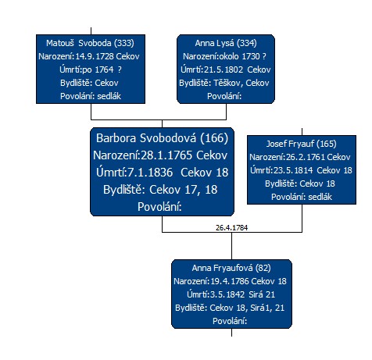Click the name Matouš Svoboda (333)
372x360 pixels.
[x=90, y=43]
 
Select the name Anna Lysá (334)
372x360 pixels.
[x=226, y=43]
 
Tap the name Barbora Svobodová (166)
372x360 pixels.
[x=162, y=138]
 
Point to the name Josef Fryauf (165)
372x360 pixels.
[x=302, y=144]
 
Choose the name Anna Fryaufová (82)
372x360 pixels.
[x=231, y=268]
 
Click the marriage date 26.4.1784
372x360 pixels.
[x=231, y=228]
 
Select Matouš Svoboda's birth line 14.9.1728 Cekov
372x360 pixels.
[x=89, y=56]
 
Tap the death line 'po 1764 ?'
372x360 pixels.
[x=91, y=70]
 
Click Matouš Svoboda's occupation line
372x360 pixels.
[x=91, y=96]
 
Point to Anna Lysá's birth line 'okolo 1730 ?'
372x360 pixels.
[x=224, y=56]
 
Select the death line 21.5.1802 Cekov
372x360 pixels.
[x=226, y=70]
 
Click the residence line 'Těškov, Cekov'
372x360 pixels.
[x=224, y=83]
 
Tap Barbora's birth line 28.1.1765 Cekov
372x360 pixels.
[x=160, y=155]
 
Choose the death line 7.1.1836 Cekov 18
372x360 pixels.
[x=162, y=173]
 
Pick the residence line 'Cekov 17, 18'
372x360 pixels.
[x=160, y=190]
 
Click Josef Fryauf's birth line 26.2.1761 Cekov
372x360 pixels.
[x=300, y=157]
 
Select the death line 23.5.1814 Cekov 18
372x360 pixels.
[x=301, y=170]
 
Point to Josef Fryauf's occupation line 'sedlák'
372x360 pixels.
[x=302, y=197]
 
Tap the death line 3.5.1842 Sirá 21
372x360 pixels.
[x=231, y=294]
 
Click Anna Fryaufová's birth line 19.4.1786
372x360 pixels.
[x=230, y=281]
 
